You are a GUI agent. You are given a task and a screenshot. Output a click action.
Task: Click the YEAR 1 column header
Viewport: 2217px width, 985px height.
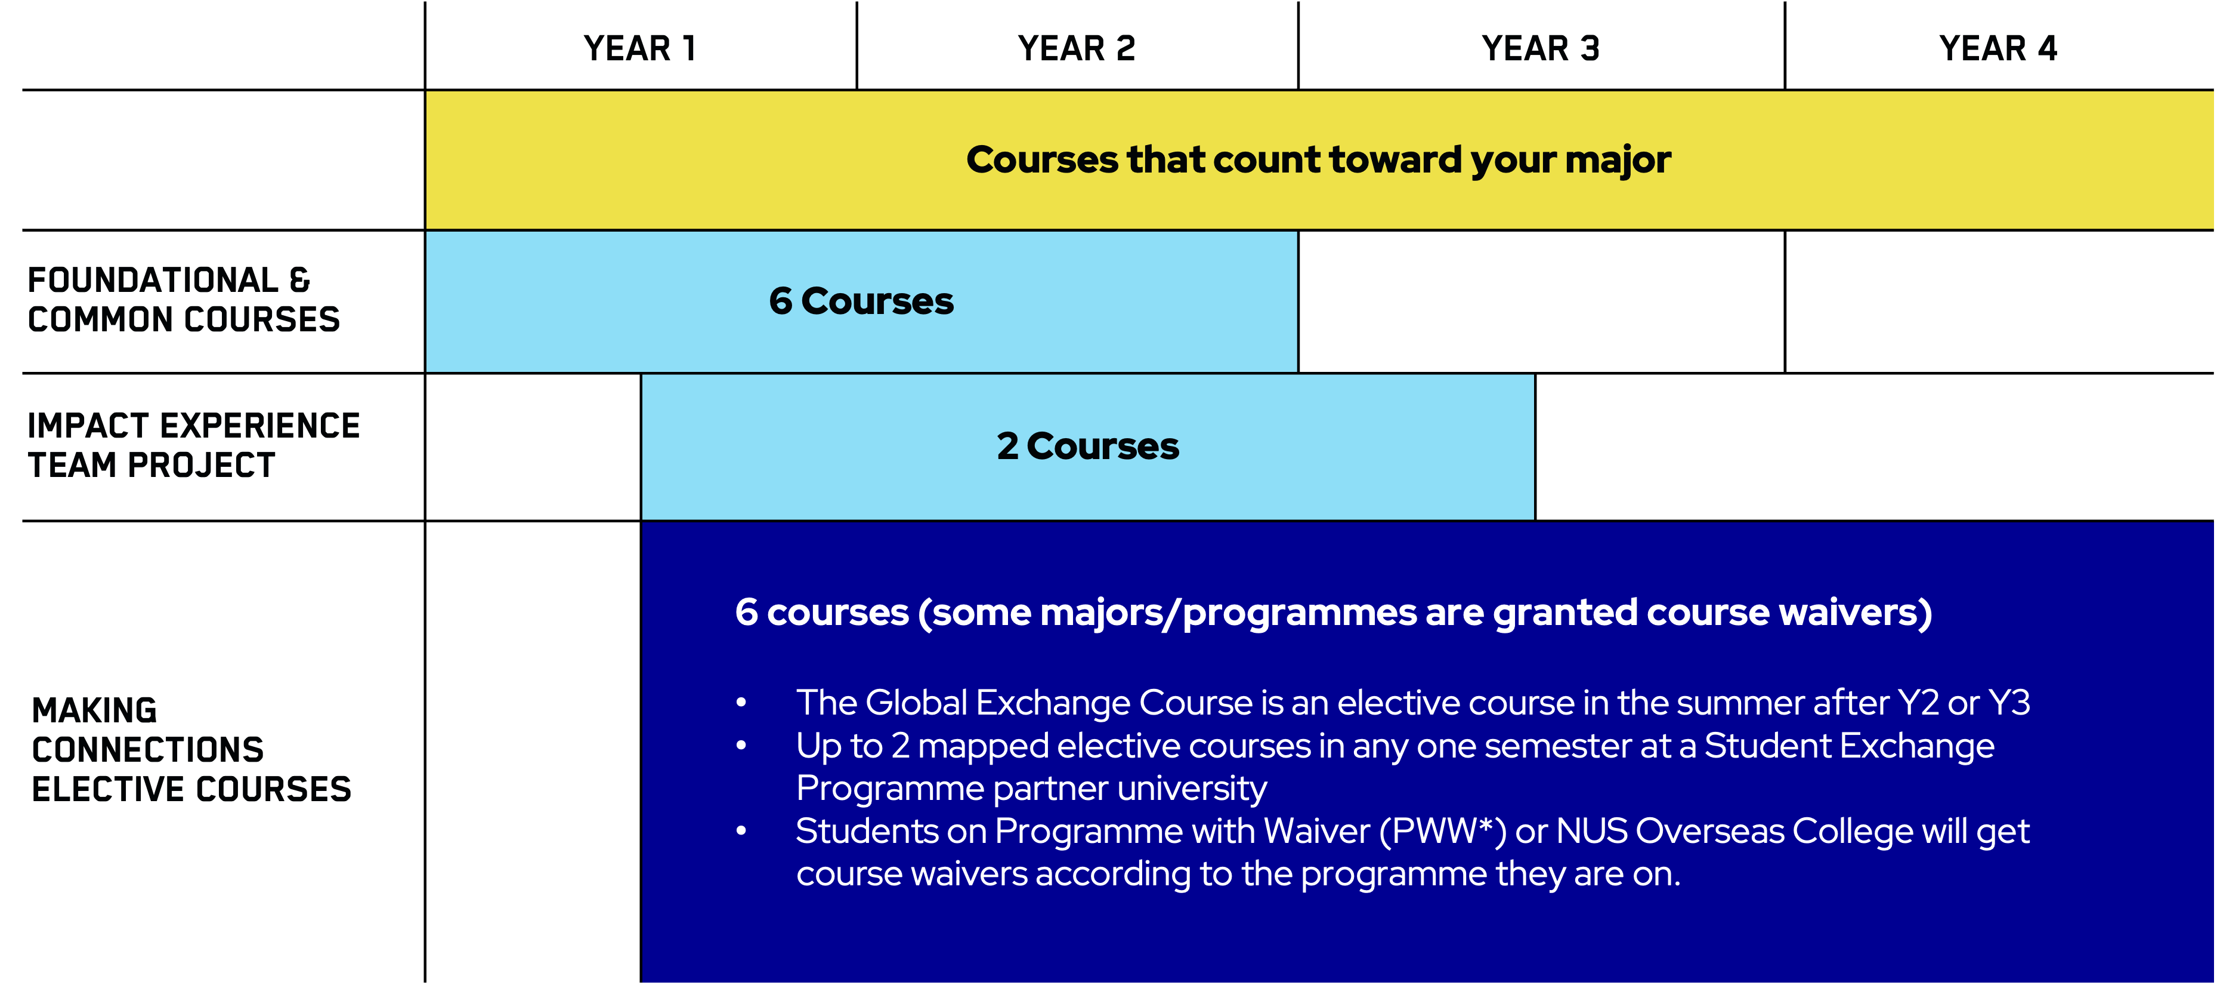click(x=639, y=48)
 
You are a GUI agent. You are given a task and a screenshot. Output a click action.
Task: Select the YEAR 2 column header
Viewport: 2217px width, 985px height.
click(x=1077, y=48)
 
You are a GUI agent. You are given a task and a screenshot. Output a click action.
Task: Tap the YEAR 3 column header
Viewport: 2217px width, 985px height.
click(x=1541, y=48)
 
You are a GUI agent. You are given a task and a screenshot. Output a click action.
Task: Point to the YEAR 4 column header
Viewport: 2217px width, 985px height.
click(x=1998, y=48)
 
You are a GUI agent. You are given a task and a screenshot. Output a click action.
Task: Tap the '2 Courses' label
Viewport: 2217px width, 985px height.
click(x=1088, y=446)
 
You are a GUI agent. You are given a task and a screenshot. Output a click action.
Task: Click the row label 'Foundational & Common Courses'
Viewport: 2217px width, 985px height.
click(x=183, y=300)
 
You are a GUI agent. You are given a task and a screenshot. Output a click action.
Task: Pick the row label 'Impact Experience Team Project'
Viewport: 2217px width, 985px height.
click(x=194, y=445)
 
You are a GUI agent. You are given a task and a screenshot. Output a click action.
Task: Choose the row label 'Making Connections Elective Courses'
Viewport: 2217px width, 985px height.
click(x=191, y=750)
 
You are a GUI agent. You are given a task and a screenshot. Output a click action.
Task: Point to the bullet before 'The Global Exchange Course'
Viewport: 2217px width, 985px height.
click(x=741, y=703)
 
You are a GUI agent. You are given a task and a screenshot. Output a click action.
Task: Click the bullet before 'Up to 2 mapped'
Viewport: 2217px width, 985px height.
click(x=741, y=746)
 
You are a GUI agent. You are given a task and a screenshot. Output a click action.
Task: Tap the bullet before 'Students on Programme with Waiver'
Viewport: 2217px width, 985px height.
click(x=741, y=832)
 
